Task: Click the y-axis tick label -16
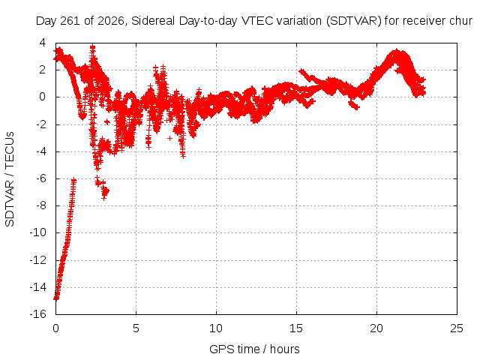[38, 314]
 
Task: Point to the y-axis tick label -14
[38, 287]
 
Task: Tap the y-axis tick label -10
[38, 233]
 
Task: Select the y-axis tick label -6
[41, 178]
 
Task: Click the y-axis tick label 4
[43, 43]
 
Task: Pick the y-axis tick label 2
[43, 70]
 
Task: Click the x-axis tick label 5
[136, 328]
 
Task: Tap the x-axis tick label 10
[216, 328]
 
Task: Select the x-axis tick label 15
[296, 328]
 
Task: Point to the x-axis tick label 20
[376, 328]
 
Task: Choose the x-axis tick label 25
[457, 328]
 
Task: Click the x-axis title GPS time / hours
[254, 349]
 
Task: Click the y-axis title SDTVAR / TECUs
[10, 179]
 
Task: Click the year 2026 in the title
[111, 21]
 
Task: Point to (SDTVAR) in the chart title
[354, 21]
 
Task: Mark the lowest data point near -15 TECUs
[56, 298]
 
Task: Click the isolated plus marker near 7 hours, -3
[170, 138]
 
